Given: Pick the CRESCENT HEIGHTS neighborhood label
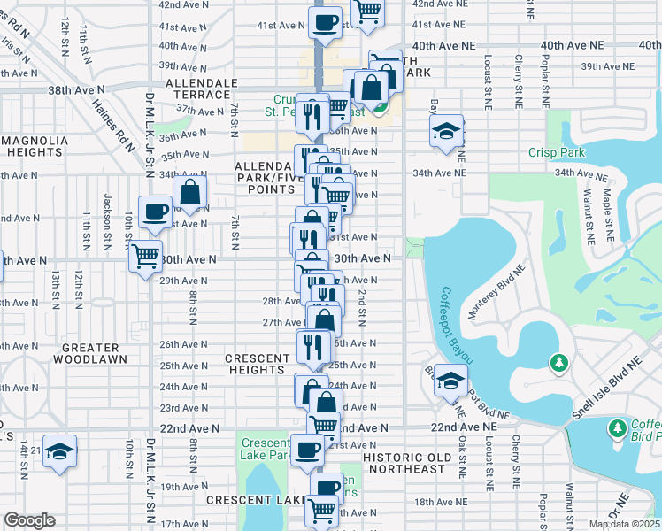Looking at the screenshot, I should [x=258, y=364].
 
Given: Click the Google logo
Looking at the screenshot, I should [x=29, y=520].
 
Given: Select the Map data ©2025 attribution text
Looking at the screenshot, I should [x=623, y=524].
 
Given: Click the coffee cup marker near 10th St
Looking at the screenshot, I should [x=156, y=212].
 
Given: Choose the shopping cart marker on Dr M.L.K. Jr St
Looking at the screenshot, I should [x=145, y=257].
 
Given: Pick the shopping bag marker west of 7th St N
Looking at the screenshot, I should [x=190, y=191].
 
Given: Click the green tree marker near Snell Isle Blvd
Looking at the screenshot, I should [x=558, y=363].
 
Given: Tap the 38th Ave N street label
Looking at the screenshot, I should [x=76, y=89].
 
